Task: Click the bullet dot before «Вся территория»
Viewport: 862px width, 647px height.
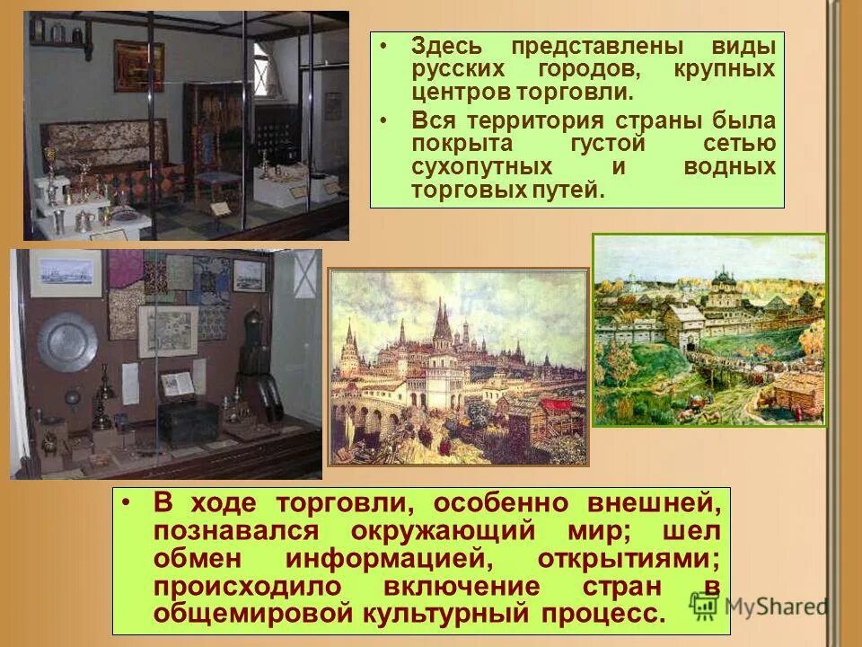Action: tap(384, 121)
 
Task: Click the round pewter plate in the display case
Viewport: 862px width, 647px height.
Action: tap(66, 342)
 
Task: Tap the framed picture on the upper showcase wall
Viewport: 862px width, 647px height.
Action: tap(138, 65)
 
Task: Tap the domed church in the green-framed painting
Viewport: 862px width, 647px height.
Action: tap(724, 288)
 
